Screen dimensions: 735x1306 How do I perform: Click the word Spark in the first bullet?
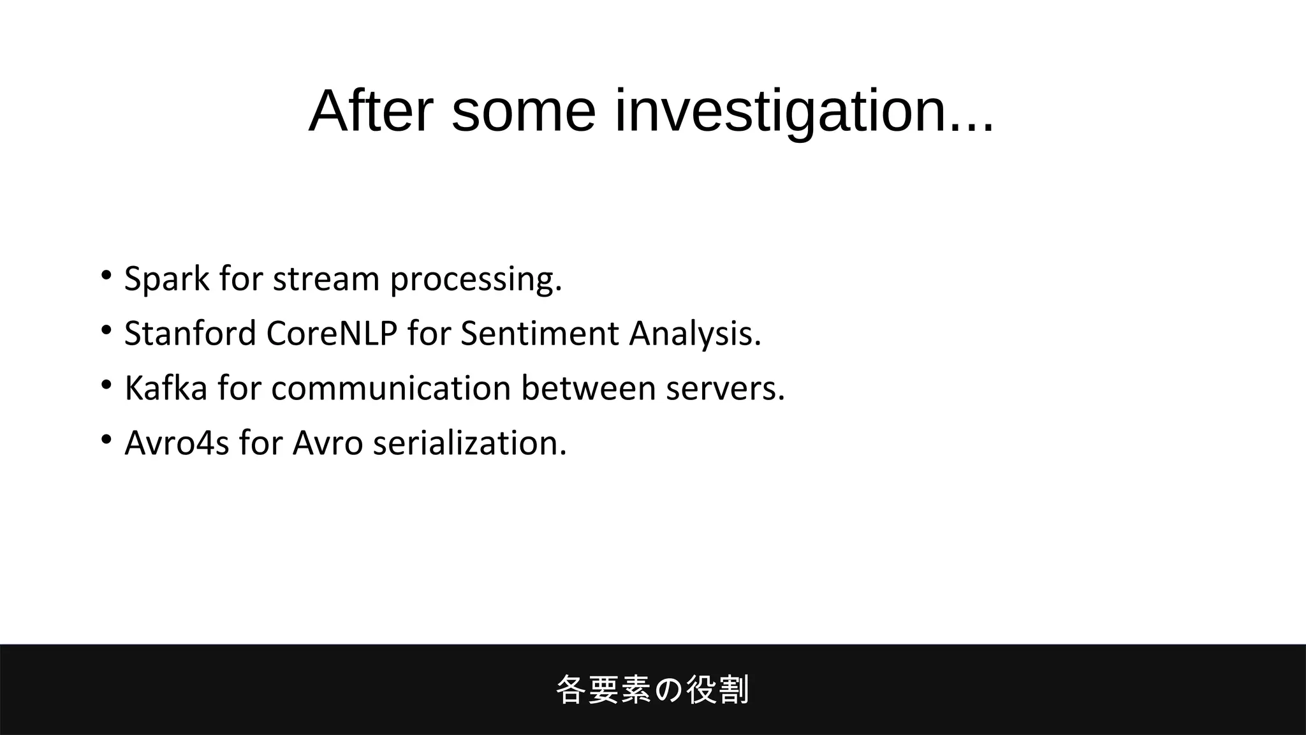(x=166, y=279)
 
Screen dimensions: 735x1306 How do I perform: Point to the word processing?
(x=476, y=279)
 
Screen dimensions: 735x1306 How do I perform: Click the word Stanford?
(x=189, y=334)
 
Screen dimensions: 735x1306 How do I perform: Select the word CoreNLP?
(x=332, y=334)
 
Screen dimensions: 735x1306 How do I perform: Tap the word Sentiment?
(x=539, y=334)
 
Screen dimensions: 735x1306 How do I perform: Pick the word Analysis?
(x=695, y=334)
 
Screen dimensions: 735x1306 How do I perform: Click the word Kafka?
(x=166, y=389)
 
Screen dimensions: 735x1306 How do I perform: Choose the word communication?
(x=391, y=389)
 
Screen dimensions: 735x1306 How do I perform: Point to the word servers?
(x=725, y=389)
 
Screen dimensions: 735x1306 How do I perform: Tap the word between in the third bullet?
(x=588, y=389)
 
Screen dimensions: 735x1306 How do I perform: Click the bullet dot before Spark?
(x=106, y=276)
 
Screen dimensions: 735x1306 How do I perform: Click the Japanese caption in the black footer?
(x=652, y=690)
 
